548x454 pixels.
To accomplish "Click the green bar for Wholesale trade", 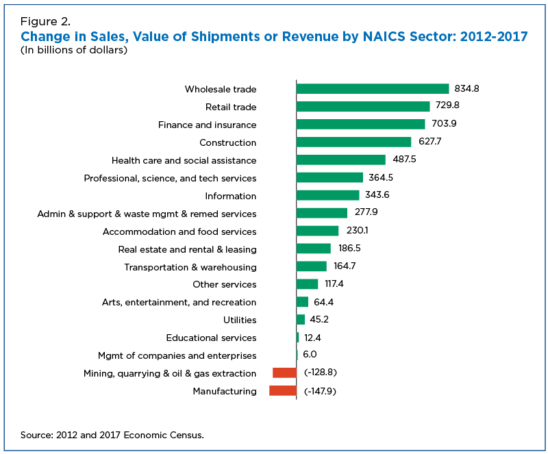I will click(373, 89).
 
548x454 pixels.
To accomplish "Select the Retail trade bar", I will click(363, 107).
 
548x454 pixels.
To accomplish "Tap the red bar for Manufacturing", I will click(282, 391).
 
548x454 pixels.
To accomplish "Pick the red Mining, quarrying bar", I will click(284, 373).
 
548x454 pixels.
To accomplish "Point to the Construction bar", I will click(353, 142).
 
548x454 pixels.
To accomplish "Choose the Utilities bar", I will click(301, 320).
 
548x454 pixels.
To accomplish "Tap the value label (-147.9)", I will click(321, 391).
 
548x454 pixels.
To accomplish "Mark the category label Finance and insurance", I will click(207, 125).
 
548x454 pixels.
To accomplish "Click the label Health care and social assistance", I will click(184, 160).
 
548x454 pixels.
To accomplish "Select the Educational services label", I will click(211, 338).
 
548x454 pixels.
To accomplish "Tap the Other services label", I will click(224, 284).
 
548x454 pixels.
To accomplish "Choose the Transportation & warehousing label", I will click(190, 267).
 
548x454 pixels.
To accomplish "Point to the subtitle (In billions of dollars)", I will click(74, 50).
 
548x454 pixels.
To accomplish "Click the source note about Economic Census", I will click(112, 434).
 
